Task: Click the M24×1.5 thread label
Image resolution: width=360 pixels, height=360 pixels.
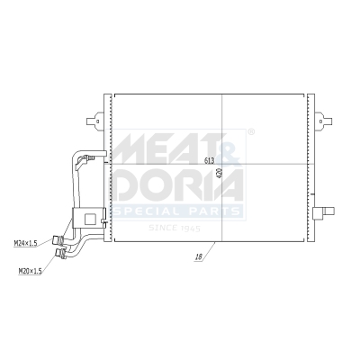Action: click(x=26, y=243)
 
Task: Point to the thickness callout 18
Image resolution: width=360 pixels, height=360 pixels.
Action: click(x=197, y=257)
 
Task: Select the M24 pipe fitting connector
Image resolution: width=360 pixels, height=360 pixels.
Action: click(x=58, y=240)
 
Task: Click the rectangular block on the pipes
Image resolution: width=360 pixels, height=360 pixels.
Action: click(x=88, y=217)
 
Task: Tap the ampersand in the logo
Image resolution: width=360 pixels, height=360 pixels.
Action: click(x=230, y=148)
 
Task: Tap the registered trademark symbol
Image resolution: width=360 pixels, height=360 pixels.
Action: click(x=250, y=132)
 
